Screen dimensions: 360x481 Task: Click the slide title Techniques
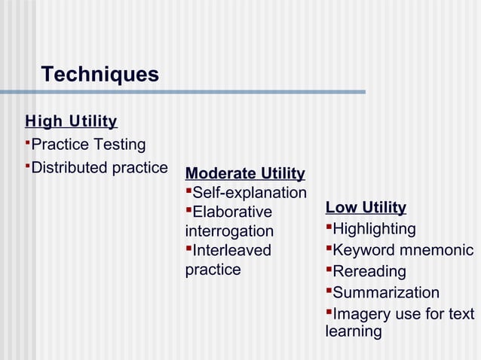[x=100, y=75]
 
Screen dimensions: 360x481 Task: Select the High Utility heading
[x=71, y=121]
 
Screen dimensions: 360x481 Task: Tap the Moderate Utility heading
[x=245, y=174]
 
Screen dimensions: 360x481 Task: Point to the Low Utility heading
[x=366, y=208]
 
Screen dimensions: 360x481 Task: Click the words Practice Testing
[x=88, y=145]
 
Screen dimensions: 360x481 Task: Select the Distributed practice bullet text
[x=99, y=167]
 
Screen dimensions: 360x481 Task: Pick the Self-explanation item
[x=250, y=194]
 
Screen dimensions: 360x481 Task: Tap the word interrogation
[x=229, y=232]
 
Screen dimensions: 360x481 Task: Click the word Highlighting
[x=374, y=229]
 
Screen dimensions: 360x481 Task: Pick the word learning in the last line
[x=354, y=331]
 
